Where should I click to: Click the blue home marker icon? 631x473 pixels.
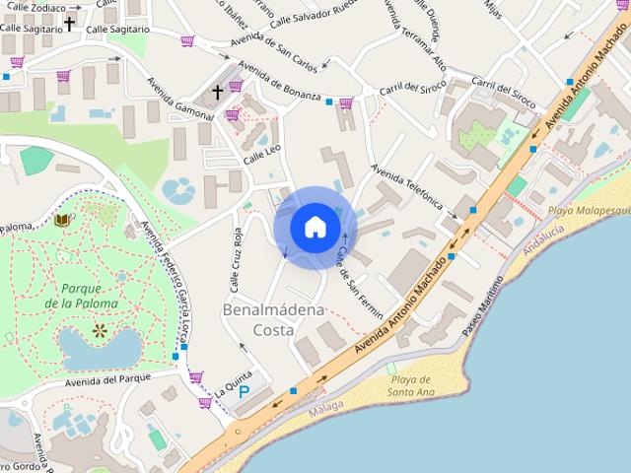[315, 227]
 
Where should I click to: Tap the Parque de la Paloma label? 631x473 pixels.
[89, 296]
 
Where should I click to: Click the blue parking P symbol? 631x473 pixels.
[244, 392]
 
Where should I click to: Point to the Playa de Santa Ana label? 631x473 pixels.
[410, 386]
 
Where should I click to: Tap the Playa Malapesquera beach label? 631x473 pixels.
[588, 210]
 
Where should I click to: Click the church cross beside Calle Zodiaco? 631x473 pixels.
[70, 22]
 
